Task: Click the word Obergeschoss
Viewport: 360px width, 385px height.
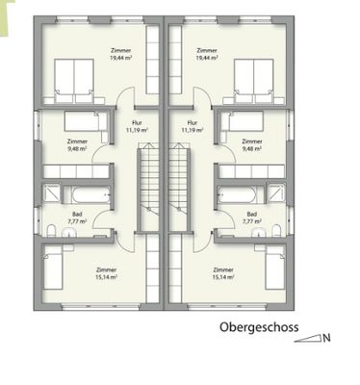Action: click(x=258, y=328)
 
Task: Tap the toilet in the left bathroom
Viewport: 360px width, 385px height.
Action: click(x=49, y=229)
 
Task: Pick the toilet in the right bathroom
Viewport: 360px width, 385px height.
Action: click(x=276, y=229)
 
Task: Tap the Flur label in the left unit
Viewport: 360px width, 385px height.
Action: click(x=134, y=122)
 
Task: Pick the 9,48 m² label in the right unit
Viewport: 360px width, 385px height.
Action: click(x=251, y=148)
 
